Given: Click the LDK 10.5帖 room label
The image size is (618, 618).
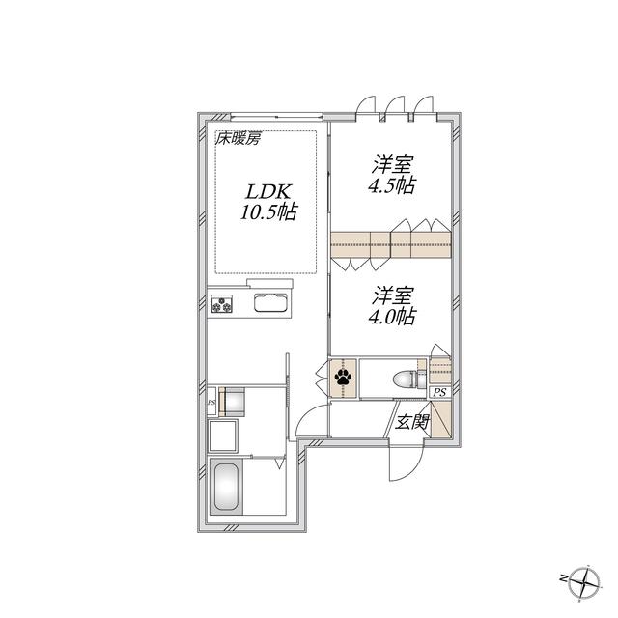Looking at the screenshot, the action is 268,202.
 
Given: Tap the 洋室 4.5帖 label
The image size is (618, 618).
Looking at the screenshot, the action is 392,175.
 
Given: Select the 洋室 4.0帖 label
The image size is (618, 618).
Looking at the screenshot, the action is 392,306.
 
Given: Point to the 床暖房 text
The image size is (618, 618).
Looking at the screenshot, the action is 238,139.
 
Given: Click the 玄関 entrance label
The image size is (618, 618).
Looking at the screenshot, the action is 412,422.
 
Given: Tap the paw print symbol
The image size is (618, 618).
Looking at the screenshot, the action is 343,378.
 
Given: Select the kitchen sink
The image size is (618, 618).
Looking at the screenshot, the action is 270,302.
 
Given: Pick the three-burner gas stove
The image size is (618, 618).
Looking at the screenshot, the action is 222,303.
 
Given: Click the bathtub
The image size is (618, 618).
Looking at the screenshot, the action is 226,487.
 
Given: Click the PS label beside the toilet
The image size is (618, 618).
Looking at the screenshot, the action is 440,393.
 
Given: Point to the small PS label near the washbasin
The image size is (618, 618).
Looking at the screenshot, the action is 211,403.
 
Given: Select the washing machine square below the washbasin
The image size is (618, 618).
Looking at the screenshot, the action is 223,435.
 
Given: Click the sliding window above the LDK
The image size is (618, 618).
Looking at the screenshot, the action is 276,116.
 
